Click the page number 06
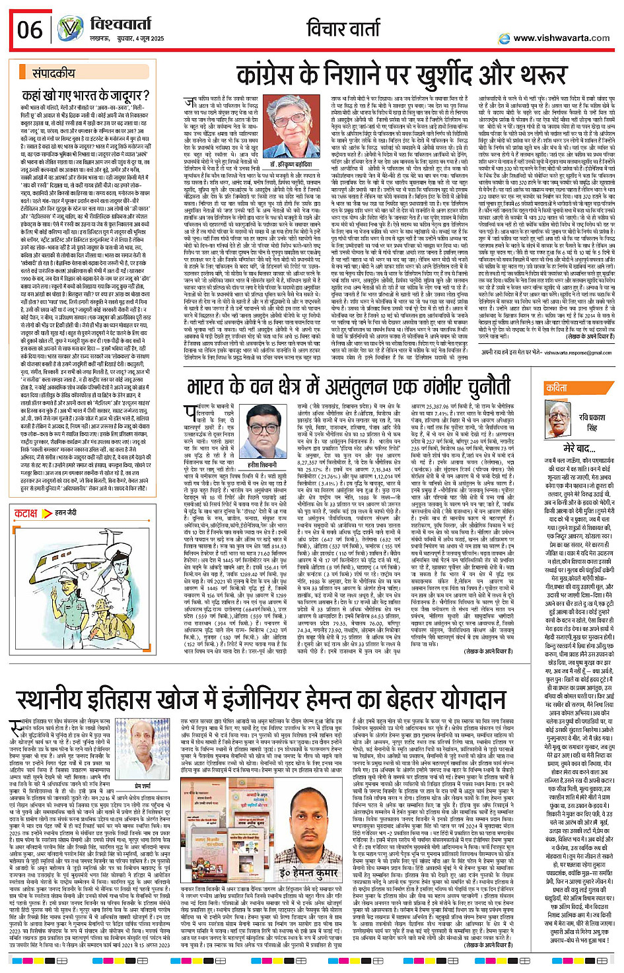coord(30,30)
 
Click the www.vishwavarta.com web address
coord(561,38)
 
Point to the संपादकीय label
coord(54,73)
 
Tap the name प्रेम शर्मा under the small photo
coord(143,784)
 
